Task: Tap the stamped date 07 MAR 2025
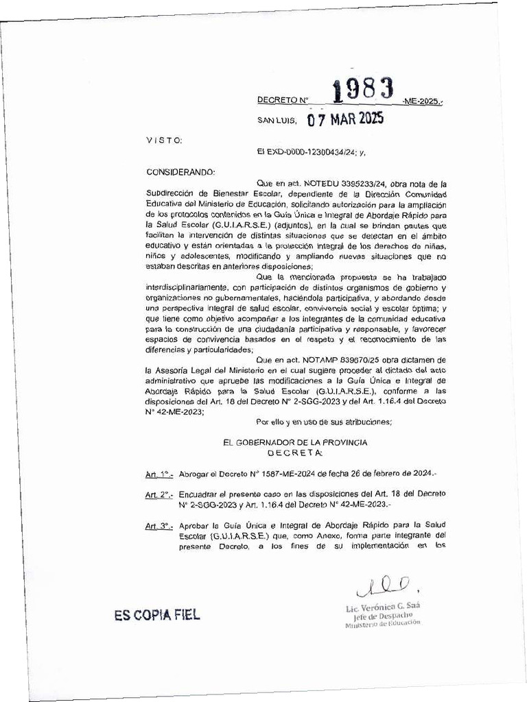pyautogui.click(x=345, y=120)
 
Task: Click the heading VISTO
pyautogui.click(x=165, y=140)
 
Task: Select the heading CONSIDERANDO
pyautogui.click(x=181, y=171)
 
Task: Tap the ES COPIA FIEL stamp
pyautogui.click(x=158, y=615)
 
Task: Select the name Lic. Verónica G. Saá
pyautogui.click(x=383, y=607)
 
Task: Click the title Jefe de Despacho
pyautogui.click(x=383, y=616)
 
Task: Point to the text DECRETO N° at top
pyautogui.click(x=280, y=100)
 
